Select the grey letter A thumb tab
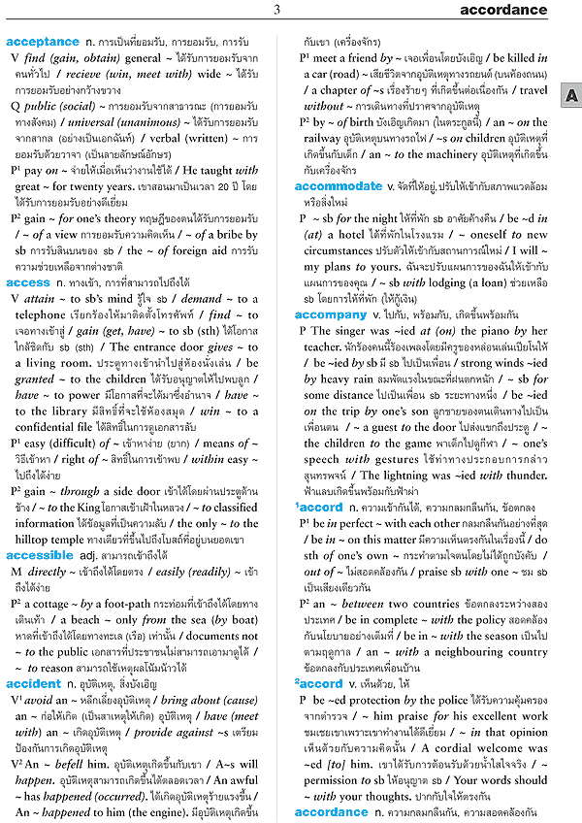[572, 95]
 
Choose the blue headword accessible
[40, 555]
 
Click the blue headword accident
[33, 685]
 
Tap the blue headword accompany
[331, 314]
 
